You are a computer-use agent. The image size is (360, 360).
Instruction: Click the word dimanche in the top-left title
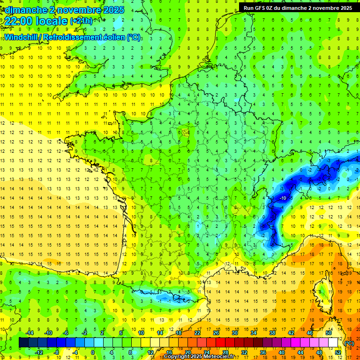pos(24,10)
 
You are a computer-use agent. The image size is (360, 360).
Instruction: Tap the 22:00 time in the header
pos(18,21)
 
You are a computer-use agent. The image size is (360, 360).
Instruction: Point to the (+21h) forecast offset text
pos(81,21)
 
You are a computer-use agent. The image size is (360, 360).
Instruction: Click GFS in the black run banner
pos(264,8)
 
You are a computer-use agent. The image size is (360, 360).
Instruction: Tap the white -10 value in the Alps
pos(283,198)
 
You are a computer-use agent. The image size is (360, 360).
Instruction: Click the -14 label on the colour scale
pos(30,333)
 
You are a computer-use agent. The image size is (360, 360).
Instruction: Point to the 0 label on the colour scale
pos(93,352)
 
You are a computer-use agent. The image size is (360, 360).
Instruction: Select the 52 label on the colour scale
pos(338,352)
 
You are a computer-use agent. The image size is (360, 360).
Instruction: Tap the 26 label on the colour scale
pos(216,333)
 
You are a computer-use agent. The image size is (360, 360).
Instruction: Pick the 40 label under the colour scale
pos(281,352)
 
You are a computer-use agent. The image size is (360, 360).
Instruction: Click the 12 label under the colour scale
pos(150,352)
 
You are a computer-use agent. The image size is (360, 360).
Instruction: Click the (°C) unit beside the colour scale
pos(349,343)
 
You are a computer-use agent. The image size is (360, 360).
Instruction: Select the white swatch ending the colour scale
pos(333,343)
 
